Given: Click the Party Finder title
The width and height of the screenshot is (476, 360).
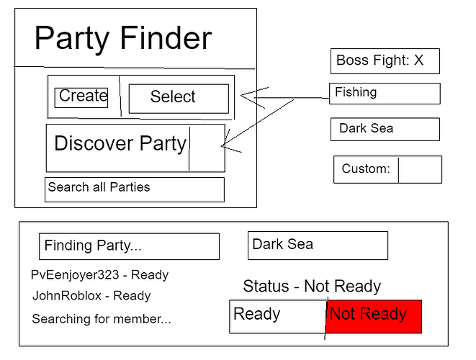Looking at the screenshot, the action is (x=123, y=38).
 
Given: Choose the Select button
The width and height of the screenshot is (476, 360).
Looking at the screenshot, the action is (x=179, y=99).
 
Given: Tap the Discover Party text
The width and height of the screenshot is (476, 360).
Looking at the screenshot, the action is (x=120, y=143).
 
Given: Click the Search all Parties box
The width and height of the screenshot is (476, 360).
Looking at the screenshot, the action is (x=135, y=189).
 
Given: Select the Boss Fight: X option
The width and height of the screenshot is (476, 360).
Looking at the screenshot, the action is (x=385, y=61).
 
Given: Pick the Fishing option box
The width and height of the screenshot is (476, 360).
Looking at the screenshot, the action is (x=385, y=94).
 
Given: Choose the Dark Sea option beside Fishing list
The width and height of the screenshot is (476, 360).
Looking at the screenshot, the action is (x=385, y=130).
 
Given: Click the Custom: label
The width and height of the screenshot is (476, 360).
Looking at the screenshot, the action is (x=366, y=168).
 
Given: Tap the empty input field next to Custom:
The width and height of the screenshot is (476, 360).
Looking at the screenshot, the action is (x=420, y=170).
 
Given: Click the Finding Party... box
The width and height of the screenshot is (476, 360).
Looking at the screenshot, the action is (x=129, y=246).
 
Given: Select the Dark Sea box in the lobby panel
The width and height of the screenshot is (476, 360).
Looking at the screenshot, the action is (x=318, y=246).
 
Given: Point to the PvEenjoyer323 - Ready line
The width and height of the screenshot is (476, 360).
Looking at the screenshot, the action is (x=99, y=275).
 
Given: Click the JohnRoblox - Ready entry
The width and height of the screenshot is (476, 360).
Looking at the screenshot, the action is (x=91, y=296).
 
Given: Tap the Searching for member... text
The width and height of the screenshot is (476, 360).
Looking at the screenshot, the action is (x=102, y=319).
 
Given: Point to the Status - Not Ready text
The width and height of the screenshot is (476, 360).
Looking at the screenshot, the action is (x=312, y=287).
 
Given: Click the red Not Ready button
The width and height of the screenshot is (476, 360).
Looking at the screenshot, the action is (x=374, y=317).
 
